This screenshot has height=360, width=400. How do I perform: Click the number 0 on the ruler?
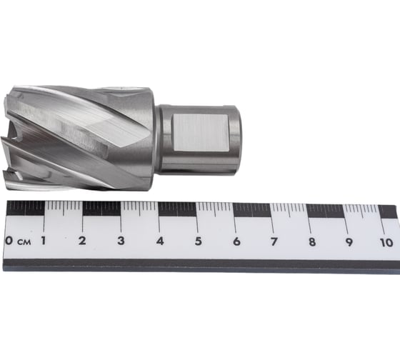tap(9, 240)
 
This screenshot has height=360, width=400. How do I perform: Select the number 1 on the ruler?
tap(44, 241)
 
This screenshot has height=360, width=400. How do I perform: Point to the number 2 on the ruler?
tap(82, 241)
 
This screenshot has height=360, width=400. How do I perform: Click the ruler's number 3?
tap(120, 241)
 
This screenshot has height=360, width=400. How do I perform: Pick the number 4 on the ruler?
tap(159, 241)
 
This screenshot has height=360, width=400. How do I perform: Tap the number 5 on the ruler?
tap(198, 241)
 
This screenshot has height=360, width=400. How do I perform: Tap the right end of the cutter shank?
tap(239, 139)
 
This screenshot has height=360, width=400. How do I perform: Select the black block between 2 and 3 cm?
tap(101, 208)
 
